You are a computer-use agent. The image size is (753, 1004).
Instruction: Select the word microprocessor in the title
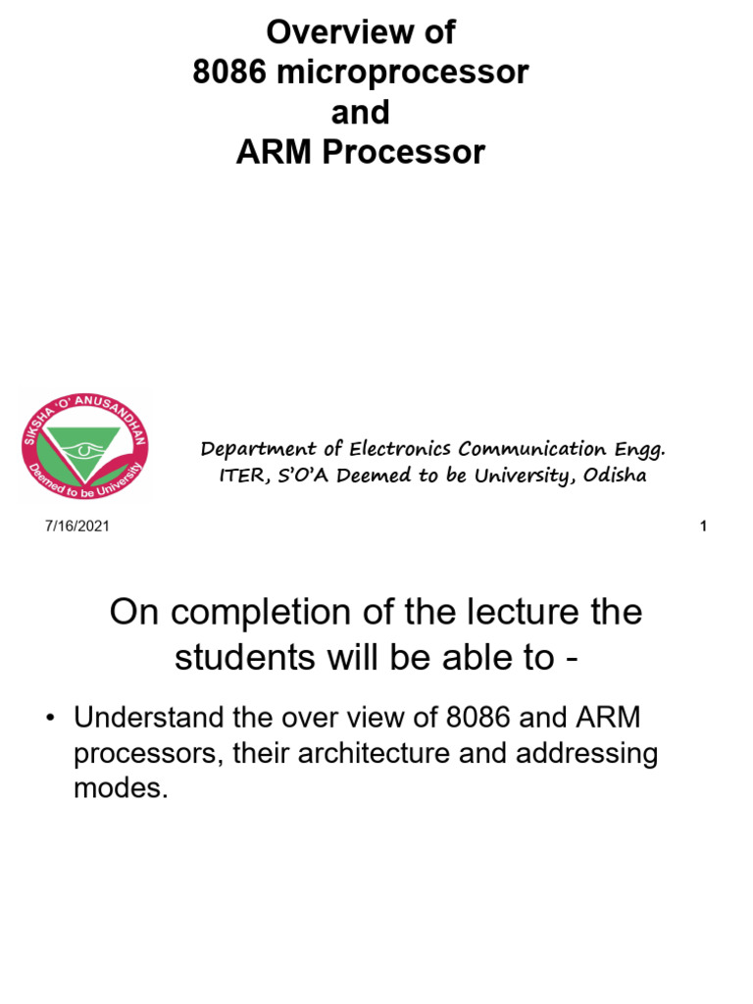coord(405,73)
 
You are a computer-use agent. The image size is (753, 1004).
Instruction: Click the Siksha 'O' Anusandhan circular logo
coord(83,447)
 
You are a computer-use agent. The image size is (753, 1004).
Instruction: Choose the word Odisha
coord(615,477)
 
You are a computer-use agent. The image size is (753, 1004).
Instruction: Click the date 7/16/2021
coord(75,527)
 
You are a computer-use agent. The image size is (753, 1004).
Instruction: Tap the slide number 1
coord(703,527)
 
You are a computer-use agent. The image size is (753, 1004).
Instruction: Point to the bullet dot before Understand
coord(48,719)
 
